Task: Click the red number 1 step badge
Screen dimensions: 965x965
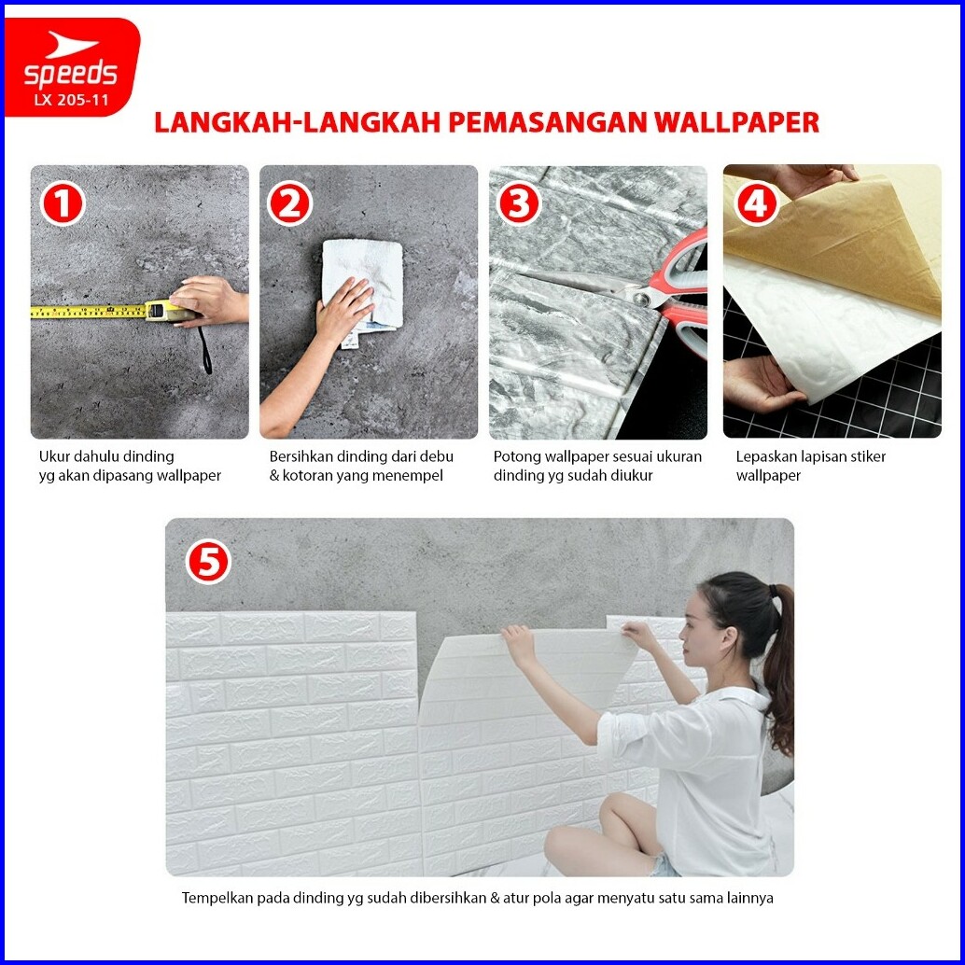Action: [63, 204]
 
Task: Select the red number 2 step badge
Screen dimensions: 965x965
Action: [290, 204]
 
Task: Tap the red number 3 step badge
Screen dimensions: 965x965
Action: [519, 204]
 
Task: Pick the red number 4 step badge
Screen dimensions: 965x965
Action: [756, 204]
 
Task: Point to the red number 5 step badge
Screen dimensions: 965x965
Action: [208, 562]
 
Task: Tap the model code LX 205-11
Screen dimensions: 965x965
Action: [71, 100]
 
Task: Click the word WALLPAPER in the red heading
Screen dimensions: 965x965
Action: [735, 122]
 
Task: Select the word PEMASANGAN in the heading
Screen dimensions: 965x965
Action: [547, 122]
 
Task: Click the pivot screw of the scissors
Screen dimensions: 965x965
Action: [642, 300]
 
